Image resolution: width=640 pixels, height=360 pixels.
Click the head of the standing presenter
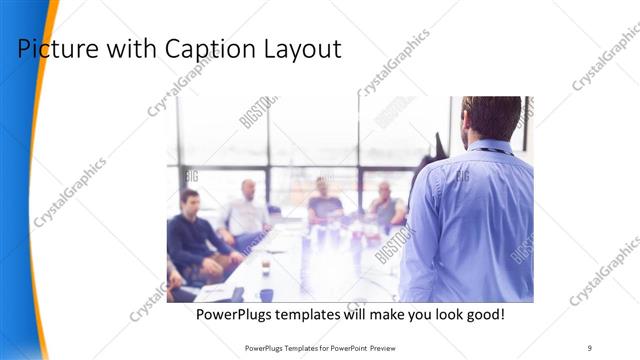click(491, 117)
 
